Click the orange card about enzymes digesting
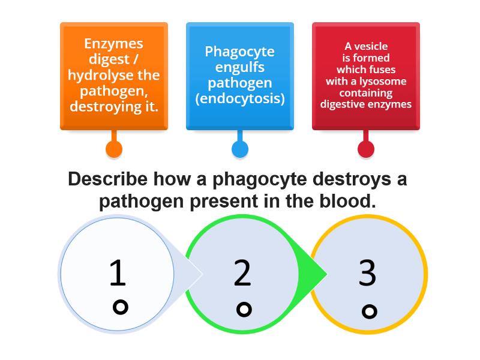coord(114,76)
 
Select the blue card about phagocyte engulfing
coord(240,76)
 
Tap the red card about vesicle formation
coord(366,76)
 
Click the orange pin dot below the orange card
coord(114,149)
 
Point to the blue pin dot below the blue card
coord(240,149)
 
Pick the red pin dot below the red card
coord(366,149)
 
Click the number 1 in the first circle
coord(118,273)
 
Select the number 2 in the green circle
coord(242,273)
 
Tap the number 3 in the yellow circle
coord(367,273)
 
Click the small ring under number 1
coord(121,307)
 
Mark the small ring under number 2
coord(244,310)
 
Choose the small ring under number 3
coord(370,311)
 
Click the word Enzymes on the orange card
coord(113,44)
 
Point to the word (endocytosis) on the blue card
coord(240,98)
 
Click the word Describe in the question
coord(107,179)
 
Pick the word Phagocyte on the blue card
coord(240,52)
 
